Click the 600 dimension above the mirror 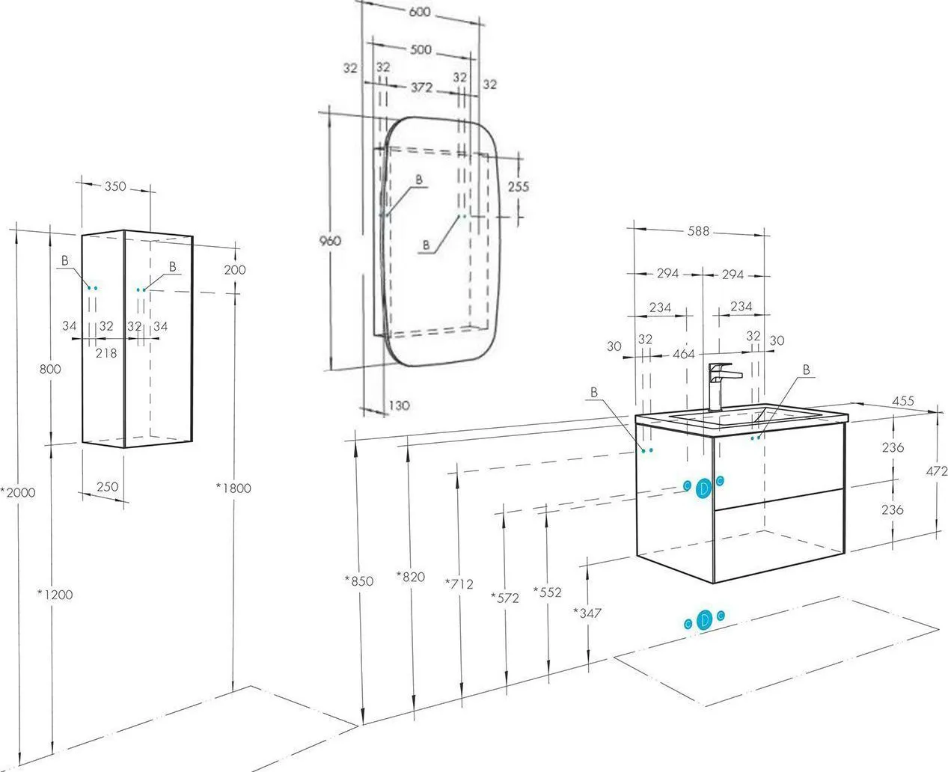[x=420, y=12]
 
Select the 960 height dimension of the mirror [x=330, y=241]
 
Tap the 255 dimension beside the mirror [x=519, y=186]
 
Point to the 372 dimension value [x=421, y=88]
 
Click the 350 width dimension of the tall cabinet [x=115, y=186]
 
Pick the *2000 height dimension [x=18, y=492]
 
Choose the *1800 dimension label [x=233, y=488]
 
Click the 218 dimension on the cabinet [x=106, y=353]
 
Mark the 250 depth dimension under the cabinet [x=108, y=486]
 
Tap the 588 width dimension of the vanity [x=698, y=231]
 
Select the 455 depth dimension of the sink [x=903, y=401]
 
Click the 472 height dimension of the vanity [x=937, y=471]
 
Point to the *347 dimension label [x=587, y=613]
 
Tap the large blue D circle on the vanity [x=703, y=489]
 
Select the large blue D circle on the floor [x=704, y=620]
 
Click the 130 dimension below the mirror [x=400, y=405]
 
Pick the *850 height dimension [x=359, y=580]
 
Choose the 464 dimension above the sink [x=684, y=354]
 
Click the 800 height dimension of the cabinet [x=50, y=369]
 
